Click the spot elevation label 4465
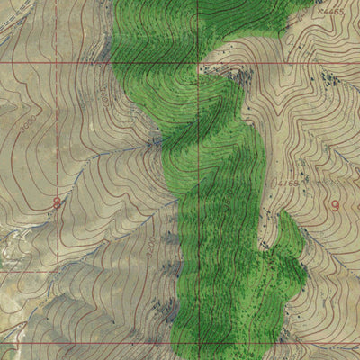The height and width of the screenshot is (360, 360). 333,12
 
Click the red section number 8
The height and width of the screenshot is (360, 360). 57,203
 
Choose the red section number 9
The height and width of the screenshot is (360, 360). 336,205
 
